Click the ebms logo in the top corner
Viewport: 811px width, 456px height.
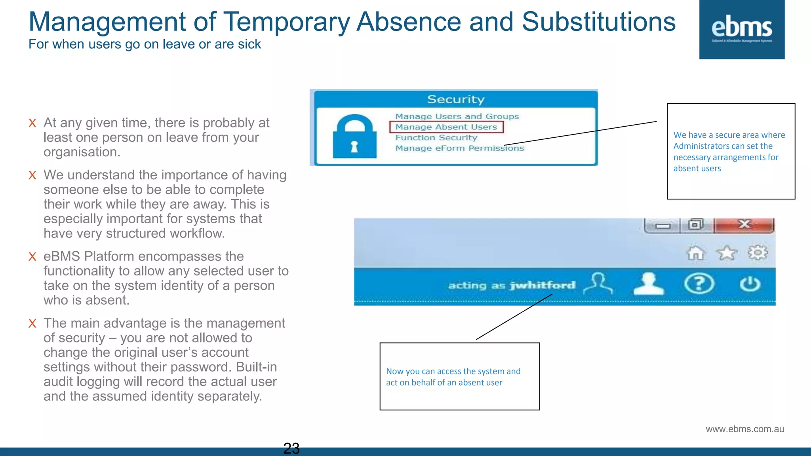742,30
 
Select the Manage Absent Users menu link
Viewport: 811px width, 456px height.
446,127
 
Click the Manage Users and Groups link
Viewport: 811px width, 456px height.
457,116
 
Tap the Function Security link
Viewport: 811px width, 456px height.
436,138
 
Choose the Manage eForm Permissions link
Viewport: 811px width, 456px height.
459,148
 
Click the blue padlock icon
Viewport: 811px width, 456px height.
354,137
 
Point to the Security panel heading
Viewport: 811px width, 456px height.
455,99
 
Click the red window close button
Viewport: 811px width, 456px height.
744,225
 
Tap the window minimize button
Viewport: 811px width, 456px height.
663,226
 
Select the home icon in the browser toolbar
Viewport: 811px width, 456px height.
696,253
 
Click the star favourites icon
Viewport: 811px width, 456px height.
727,253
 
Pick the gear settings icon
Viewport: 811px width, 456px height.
758,253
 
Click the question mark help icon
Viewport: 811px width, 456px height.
699,284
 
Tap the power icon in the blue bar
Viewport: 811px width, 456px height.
750,284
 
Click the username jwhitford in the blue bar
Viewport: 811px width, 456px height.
543,285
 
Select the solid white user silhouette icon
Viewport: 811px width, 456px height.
648,284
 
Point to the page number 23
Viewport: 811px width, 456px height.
291,448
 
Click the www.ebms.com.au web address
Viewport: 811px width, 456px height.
744,429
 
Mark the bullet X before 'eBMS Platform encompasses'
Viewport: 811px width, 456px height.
32,256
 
